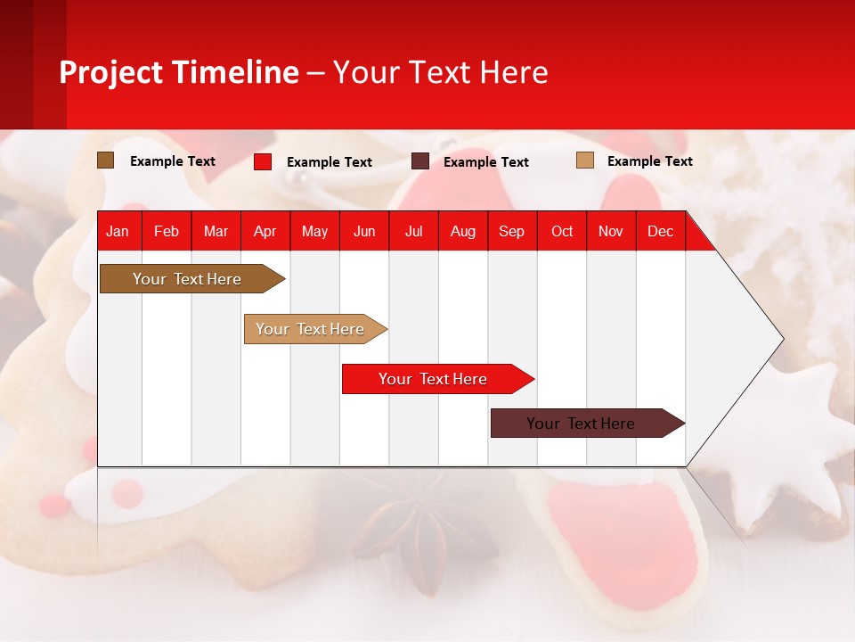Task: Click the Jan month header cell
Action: point(118,231)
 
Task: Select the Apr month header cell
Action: point(265,231)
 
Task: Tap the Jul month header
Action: point(413,231)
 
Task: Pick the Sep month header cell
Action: point(511,231)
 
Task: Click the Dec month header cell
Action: point(660,231)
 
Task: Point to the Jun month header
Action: point(364,231)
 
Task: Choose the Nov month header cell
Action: point(611,231)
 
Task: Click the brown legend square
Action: point(106,160)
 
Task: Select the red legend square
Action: point(263,161)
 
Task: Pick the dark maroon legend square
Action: point(420,161)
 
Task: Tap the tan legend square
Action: point(584,160)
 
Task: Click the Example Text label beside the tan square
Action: point(649,161)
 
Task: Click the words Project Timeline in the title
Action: point(179,72)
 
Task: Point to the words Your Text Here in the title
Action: point(440,72)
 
